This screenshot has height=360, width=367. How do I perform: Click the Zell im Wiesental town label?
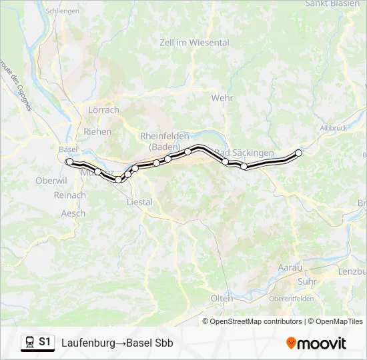click(x=194, y=43)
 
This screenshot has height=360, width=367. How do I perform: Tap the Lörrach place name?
click(x=103, y=110)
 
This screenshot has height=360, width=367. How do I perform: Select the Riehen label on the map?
click(x=97, y=131)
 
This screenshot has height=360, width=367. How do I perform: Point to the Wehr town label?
click(x=222, y=97)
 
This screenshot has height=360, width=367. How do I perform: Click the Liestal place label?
click(x=139, y=201)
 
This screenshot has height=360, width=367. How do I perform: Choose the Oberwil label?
click(x=51, y=181)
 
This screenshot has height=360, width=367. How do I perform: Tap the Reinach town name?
click(x=70, y=195)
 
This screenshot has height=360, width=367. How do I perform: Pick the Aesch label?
click(x=73, y=213)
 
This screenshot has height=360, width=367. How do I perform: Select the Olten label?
click(x=222, y=298)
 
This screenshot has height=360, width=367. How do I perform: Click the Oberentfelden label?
click(x=292, y=299)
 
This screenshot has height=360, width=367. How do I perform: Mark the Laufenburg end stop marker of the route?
click(x=298, y=153)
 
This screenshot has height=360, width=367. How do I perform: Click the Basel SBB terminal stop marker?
click(x=69, y=161)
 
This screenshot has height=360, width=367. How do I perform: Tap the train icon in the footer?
click(x=29, y=342)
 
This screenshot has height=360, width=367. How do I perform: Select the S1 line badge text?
click(x=45, y=342)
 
